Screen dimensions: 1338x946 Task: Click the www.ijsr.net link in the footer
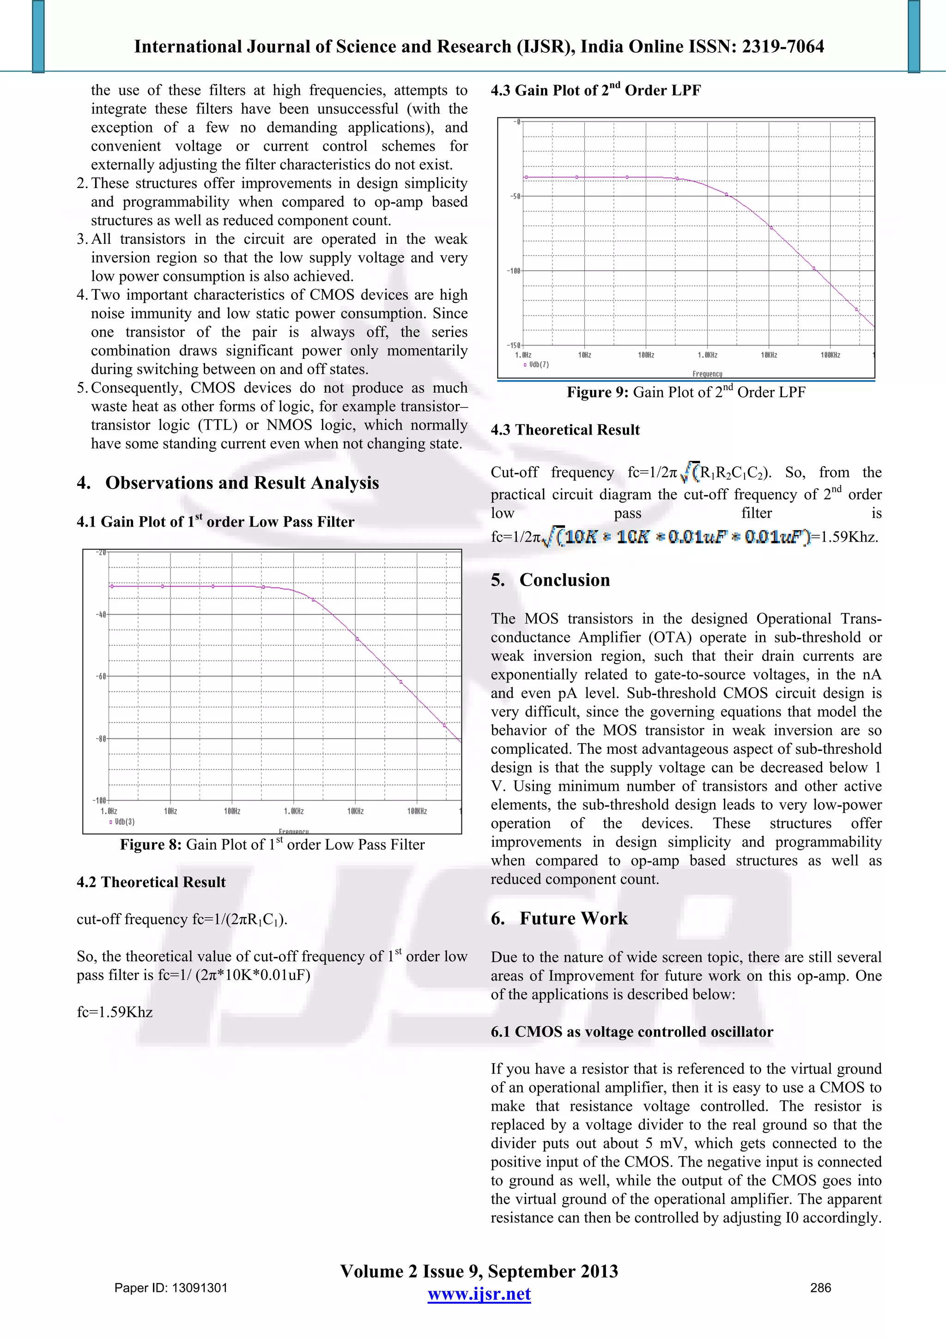pos(479,1294)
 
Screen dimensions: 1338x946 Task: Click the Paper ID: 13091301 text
pos(171,1288)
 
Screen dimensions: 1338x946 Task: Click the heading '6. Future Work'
pos(559,919)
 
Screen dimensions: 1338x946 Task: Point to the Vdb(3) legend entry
pos(122,822)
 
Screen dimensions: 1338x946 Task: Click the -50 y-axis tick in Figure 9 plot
pos(515,196)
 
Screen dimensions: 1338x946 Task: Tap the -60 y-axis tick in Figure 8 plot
pos(101,677)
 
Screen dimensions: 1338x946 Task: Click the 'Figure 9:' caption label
pos(597,392)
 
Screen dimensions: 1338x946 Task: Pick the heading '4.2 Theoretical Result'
pos(151,882)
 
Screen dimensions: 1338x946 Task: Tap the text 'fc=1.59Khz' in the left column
pos(115,1012)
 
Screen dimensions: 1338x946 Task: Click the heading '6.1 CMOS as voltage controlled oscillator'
pos(631,1032)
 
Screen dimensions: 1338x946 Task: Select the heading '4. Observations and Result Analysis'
pos(228,483)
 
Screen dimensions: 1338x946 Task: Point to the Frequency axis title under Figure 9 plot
pos(707,374)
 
